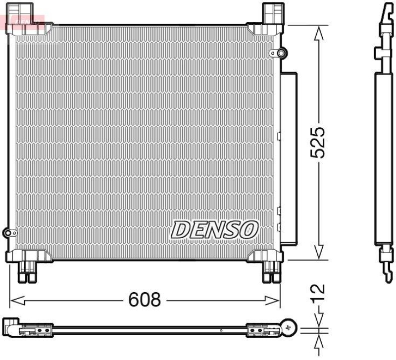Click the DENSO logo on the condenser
coord(215,229)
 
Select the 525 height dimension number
coord(318,142)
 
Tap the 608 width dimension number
coord(145,299)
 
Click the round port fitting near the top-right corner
coord(281,52)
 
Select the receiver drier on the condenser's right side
coord(288,158)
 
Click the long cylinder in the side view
coord(383,158)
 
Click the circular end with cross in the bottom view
coord(289,327)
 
